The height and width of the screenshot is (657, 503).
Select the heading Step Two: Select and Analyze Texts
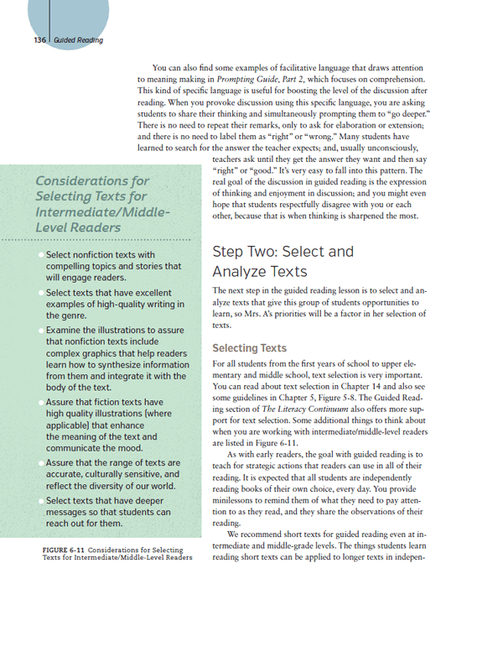283,261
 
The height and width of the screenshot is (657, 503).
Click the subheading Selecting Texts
250,347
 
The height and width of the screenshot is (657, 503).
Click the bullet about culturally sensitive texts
113,475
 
